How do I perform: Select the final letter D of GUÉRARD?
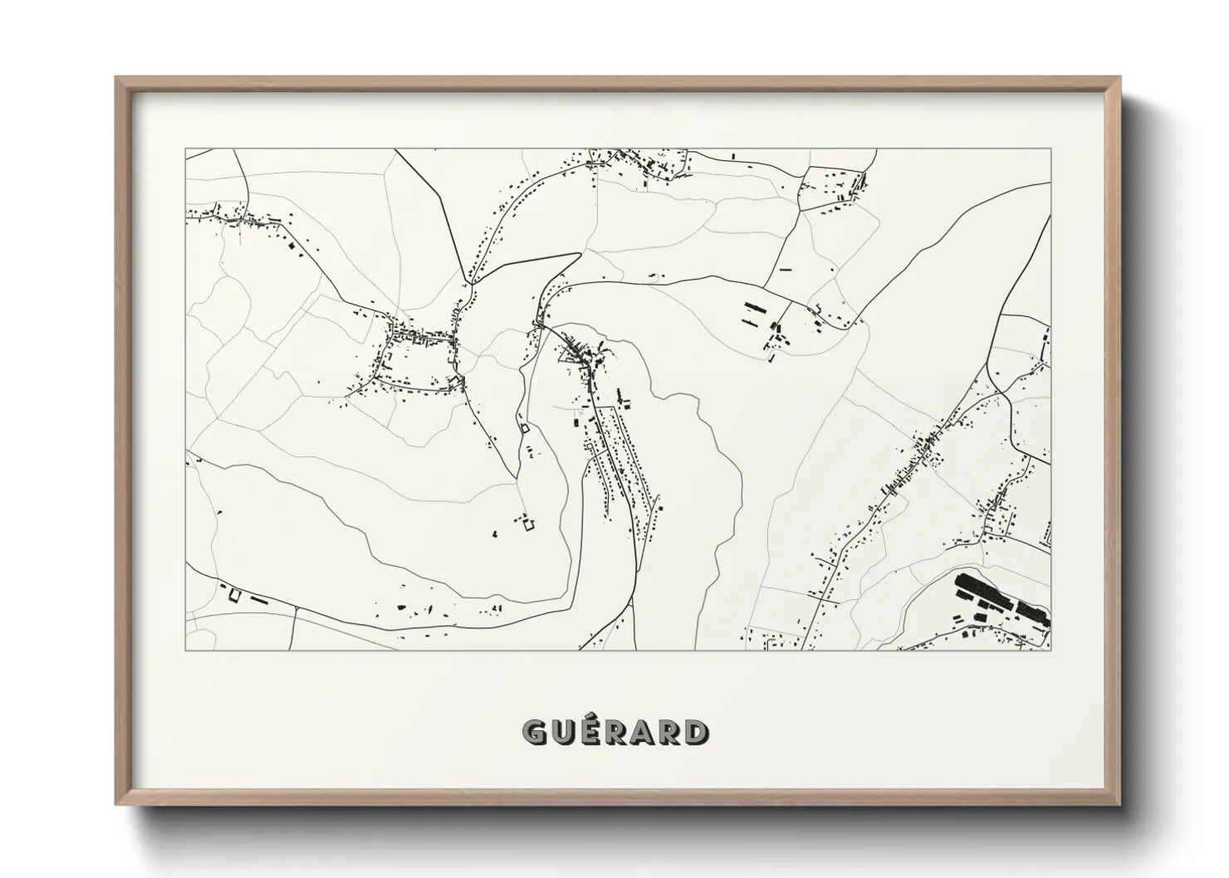point(698,732)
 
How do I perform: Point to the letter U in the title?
point(562,732)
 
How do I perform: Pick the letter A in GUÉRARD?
point(642,732)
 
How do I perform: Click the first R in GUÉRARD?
point(615,732)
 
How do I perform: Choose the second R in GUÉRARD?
point(669,732)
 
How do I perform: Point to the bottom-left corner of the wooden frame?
point(117,803)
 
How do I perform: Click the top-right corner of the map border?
point(1050,149)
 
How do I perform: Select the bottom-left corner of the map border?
point(186,649)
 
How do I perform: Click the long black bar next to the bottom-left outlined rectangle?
point(259,598)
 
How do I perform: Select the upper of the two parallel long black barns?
point(755,305)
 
